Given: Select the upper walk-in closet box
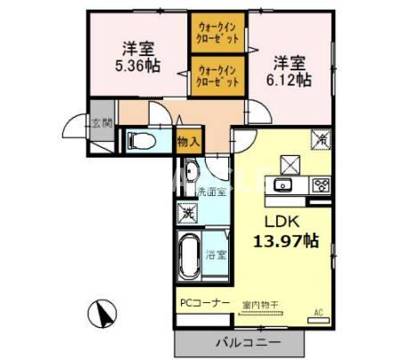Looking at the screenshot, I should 217,33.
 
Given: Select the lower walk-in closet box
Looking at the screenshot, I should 217,76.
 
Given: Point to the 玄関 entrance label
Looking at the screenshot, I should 102,124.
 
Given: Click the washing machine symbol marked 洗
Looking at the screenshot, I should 187,213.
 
